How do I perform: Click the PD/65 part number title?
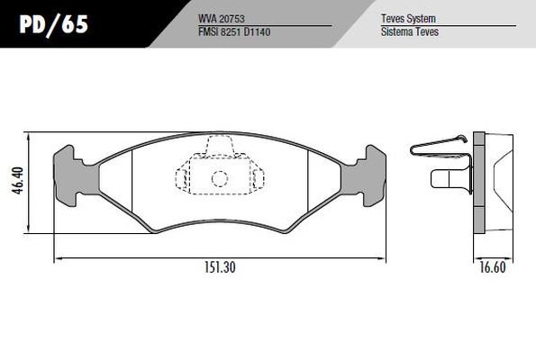[54, 24]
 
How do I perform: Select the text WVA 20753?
[222, 19]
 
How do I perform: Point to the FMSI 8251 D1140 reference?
[234, 31]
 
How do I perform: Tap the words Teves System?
[408, 18]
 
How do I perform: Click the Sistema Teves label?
[410, 31]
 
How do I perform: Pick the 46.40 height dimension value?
[18, 181]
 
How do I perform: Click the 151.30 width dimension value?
[220, 267]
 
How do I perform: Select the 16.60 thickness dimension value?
[493, 267]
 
